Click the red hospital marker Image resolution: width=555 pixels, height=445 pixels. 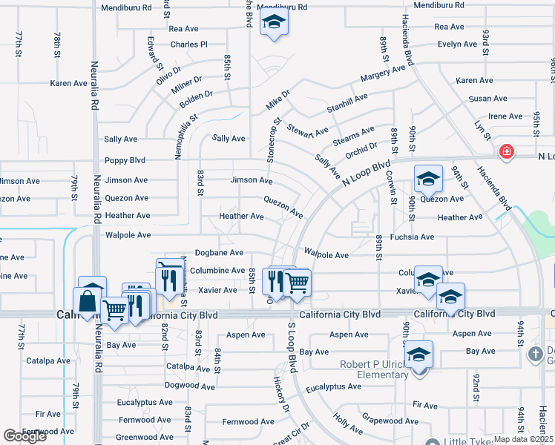(x=507, y=152)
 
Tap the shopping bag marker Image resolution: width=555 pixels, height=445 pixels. (x=88, y=301)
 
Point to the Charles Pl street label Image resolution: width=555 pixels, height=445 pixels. (x=188, y=44)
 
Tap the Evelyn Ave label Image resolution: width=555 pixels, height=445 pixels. (x=456, y=44)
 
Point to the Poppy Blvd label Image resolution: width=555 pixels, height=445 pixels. (x=125, y=159)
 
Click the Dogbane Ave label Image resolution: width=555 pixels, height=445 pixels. (x=217, y=253)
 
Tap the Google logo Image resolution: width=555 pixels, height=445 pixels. (x=24, y=436)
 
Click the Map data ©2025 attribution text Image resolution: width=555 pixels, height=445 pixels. (x=524, y=439)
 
